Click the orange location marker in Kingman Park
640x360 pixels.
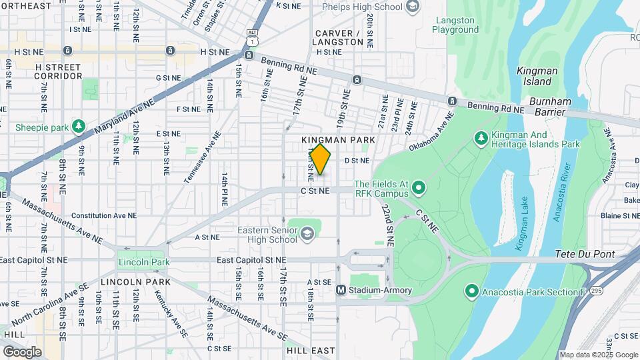click(x=321, y=159)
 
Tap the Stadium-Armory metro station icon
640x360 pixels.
click(x=341, y=290)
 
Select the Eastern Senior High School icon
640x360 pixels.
click(x=307, y=233)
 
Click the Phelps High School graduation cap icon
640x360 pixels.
click(x=413, y=7)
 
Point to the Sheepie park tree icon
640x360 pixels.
click(x=79, y=127)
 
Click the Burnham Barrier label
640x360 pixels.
click(x=550, y=101)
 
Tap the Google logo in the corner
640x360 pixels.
click(x=22, y=352)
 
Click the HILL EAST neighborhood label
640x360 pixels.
click(x=311, y=350)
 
